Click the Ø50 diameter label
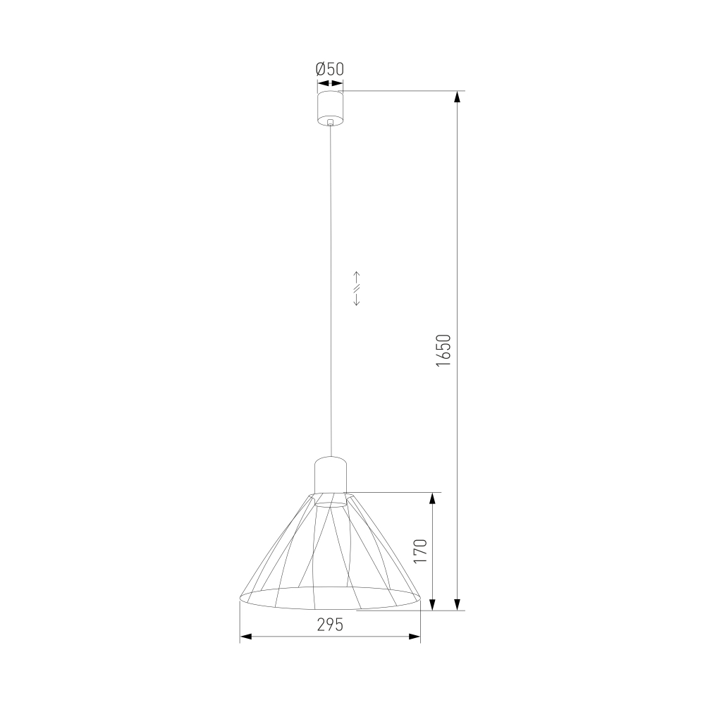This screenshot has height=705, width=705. (x=330, y=69)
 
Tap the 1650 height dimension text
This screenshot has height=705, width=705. (x=443, y=350)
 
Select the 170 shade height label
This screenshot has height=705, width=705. (x=419, y=551)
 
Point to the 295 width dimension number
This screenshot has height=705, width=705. (x=330, y=625)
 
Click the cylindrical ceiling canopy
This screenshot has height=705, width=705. (x=331, y=109)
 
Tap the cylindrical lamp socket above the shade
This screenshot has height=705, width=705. (x=331, y=474)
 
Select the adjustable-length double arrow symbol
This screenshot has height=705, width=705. (x=357, y=288)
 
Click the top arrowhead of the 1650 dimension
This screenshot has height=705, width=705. (x=458, y=97)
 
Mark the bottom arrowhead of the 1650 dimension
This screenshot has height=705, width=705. (x=458, y=604)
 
